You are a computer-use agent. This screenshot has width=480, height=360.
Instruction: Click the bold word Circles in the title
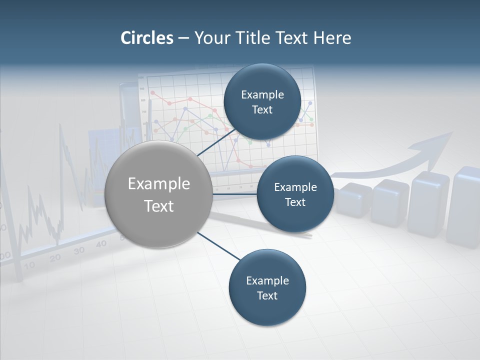click(146, 38)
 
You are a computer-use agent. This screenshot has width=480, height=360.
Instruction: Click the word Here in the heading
click(332, 38)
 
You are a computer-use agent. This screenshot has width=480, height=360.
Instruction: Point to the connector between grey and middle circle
click(235, 193)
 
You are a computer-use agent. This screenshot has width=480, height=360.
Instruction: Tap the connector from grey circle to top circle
click(217, 142)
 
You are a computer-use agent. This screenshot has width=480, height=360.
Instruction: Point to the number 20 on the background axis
click(55, 257)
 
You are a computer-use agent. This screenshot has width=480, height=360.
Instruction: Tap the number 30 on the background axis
click(79, 250)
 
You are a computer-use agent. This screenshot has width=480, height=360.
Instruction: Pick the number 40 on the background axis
click(101, 244)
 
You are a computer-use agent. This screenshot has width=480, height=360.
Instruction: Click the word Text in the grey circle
click(158, 206)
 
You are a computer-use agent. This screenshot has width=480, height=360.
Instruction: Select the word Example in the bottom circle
click(267, 281)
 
